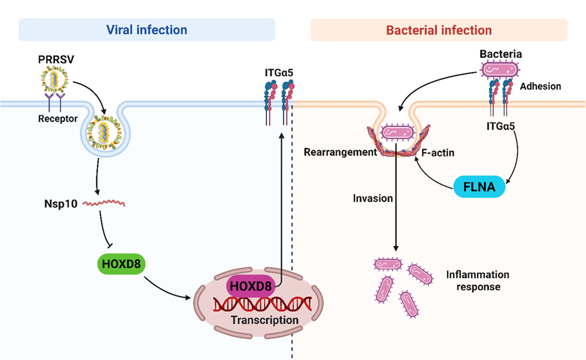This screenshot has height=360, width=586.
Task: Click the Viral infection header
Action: click(x=146, y=30)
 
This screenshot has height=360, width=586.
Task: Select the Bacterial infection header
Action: click(x=438, y=30)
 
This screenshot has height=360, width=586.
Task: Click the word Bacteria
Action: click(x=501, y=53)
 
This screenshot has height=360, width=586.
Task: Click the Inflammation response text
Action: click(x=477, y=281)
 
